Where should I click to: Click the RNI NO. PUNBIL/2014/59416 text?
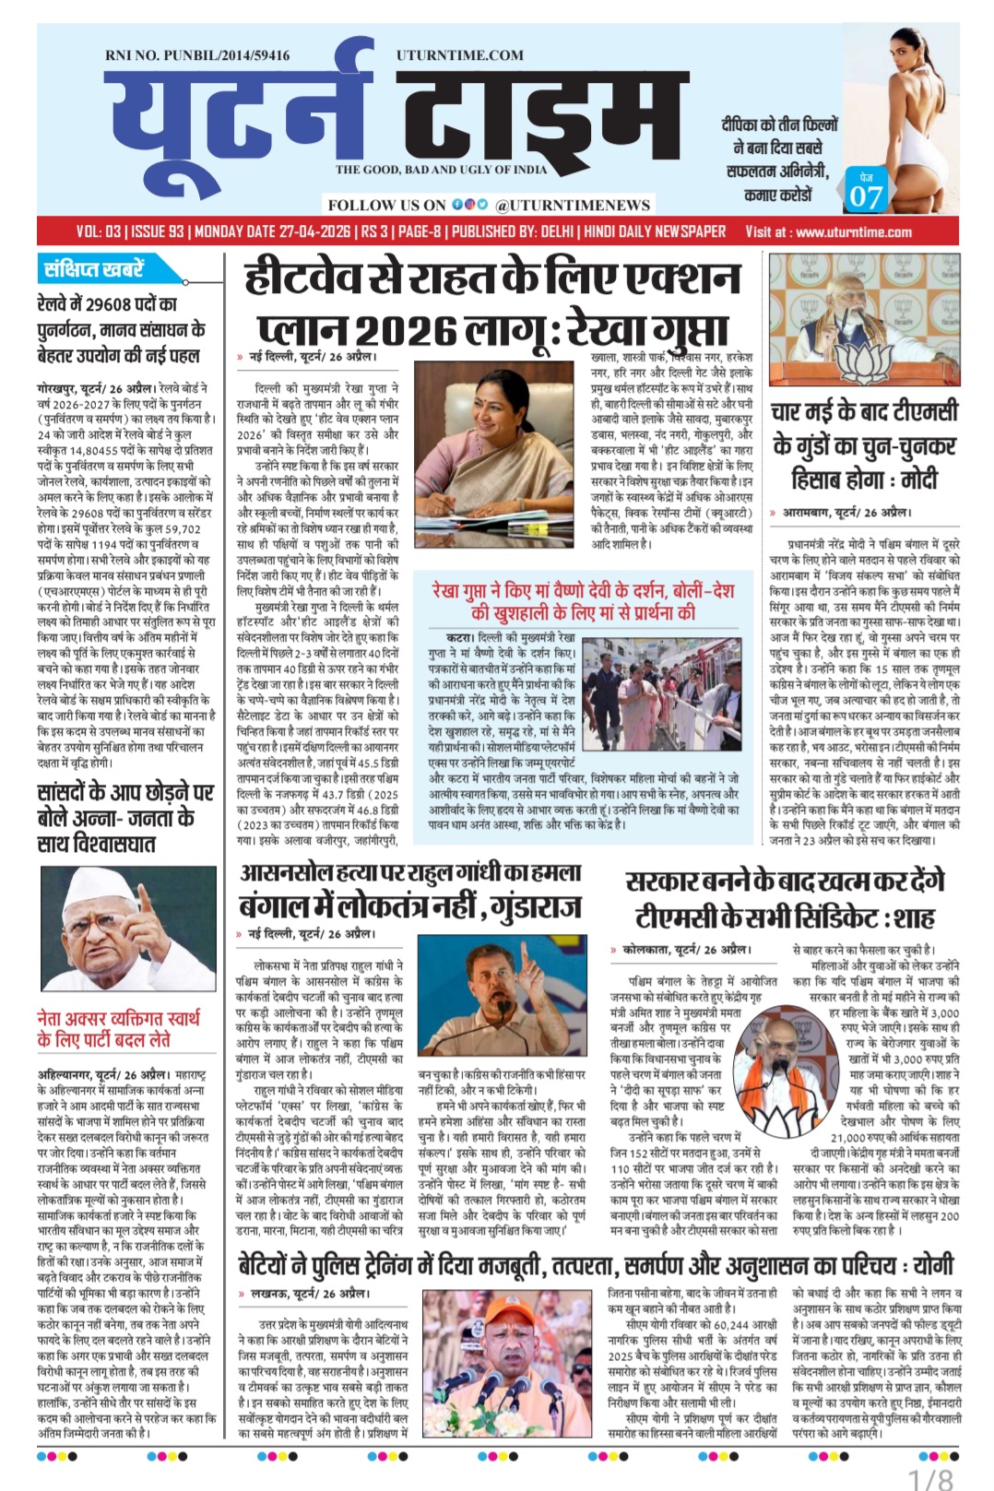197,55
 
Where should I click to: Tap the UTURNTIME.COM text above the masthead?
460,55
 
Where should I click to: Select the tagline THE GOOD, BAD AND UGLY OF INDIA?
441,170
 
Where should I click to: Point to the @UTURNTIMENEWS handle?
572,205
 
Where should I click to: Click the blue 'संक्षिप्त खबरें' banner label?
94,269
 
